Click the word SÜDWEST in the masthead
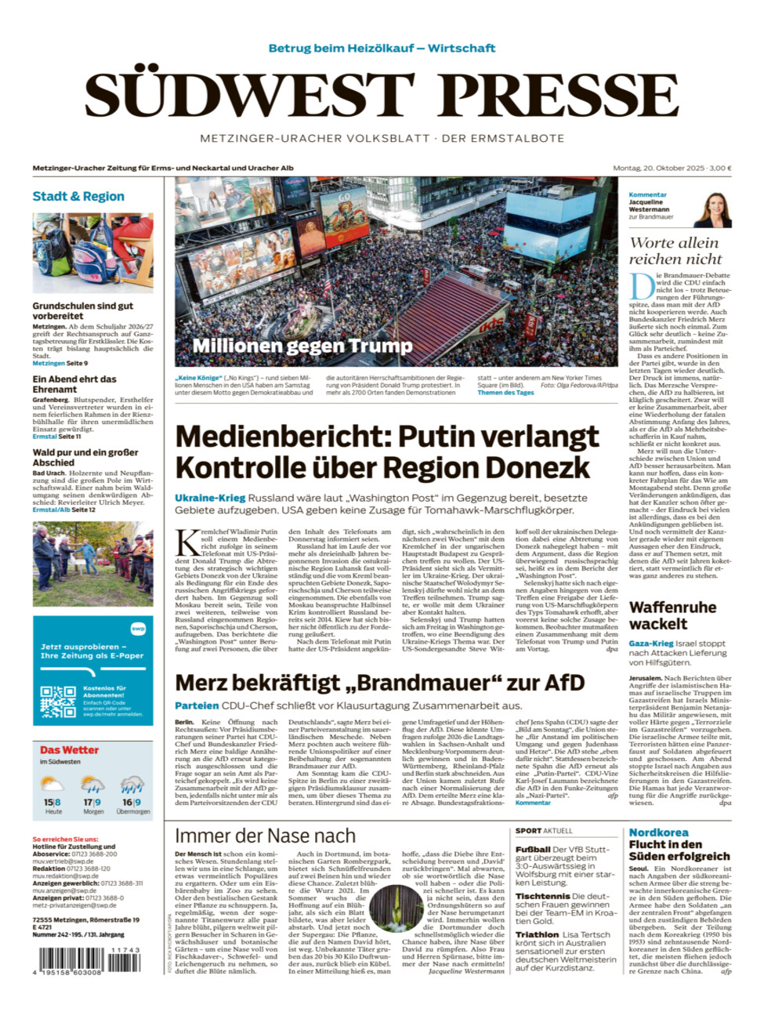[x=250, y=96]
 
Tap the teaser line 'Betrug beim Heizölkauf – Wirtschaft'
[x=382, y=48]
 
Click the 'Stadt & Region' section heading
[x=78, y=196]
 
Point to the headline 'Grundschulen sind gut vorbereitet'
[x=82, y=310]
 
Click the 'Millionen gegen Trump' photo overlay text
[x=302, y=346]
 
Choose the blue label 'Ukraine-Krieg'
[x=210, y=498]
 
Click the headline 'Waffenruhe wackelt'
[x=672, y=615]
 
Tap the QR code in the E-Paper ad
[x=58, y=702]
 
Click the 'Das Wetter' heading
[x=70, y=750]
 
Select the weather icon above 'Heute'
[x=53, y=784]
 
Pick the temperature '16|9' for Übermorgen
[x=132, y=802]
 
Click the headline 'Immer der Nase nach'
[x=265, y=836]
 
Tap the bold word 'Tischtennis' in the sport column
[x=542, y=896]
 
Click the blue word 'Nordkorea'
[x=658, y=832]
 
